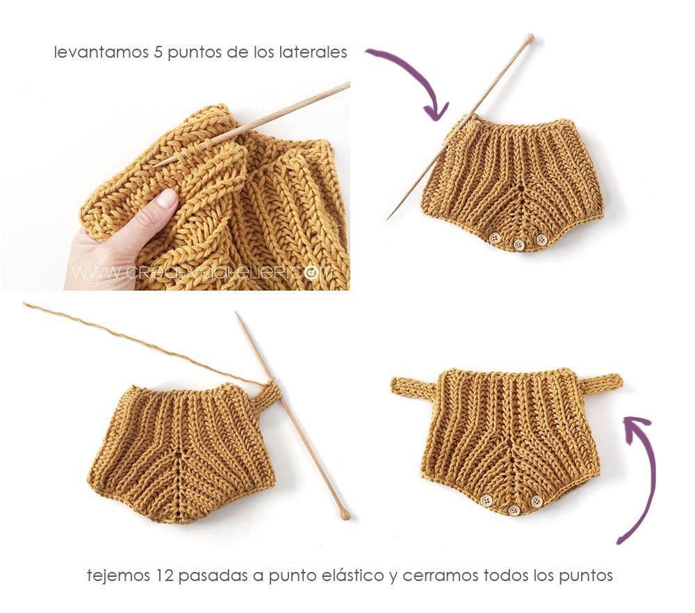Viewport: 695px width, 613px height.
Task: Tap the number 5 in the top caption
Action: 157,53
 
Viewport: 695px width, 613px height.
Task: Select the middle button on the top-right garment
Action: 518,244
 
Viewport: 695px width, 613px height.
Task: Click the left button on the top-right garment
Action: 495,238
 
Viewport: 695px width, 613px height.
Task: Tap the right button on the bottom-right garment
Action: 536,502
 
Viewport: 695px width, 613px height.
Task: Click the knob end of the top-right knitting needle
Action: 530,38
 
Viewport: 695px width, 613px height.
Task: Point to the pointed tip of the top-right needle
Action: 389,218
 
